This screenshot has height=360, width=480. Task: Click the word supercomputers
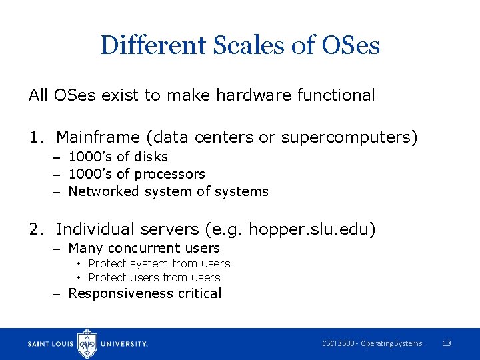(x=349, y=137)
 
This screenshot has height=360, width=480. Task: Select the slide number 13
(x=447, y=343)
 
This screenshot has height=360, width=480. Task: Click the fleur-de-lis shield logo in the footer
(x=87, y=343)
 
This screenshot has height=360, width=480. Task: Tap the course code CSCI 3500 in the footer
(x=338, y=343)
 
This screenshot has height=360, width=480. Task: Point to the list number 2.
(x=35, y=229)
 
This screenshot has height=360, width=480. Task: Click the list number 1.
(x=35, y=137)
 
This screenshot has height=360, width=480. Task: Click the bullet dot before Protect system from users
(x=79, y=264)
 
